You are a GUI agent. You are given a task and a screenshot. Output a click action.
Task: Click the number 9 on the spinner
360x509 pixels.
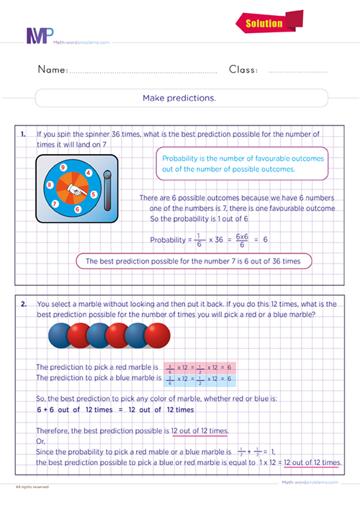tap(64, 168)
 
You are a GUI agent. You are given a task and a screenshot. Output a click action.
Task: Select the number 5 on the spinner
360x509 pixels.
tap(94, 194)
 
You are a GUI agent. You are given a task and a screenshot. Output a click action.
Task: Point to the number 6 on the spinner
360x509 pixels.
tap(77, 210)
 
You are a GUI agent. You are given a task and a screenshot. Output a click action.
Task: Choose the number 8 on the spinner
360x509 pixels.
tap(49, 184)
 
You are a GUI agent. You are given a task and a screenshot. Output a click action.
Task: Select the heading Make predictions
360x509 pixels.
tap(180, 97)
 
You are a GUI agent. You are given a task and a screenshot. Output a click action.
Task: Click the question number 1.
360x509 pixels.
tap(23, 135)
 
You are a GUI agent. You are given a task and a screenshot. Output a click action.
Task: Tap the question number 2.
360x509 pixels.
tap(23, 304)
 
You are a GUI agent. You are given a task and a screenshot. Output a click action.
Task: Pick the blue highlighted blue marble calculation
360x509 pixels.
tap(190, 378)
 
